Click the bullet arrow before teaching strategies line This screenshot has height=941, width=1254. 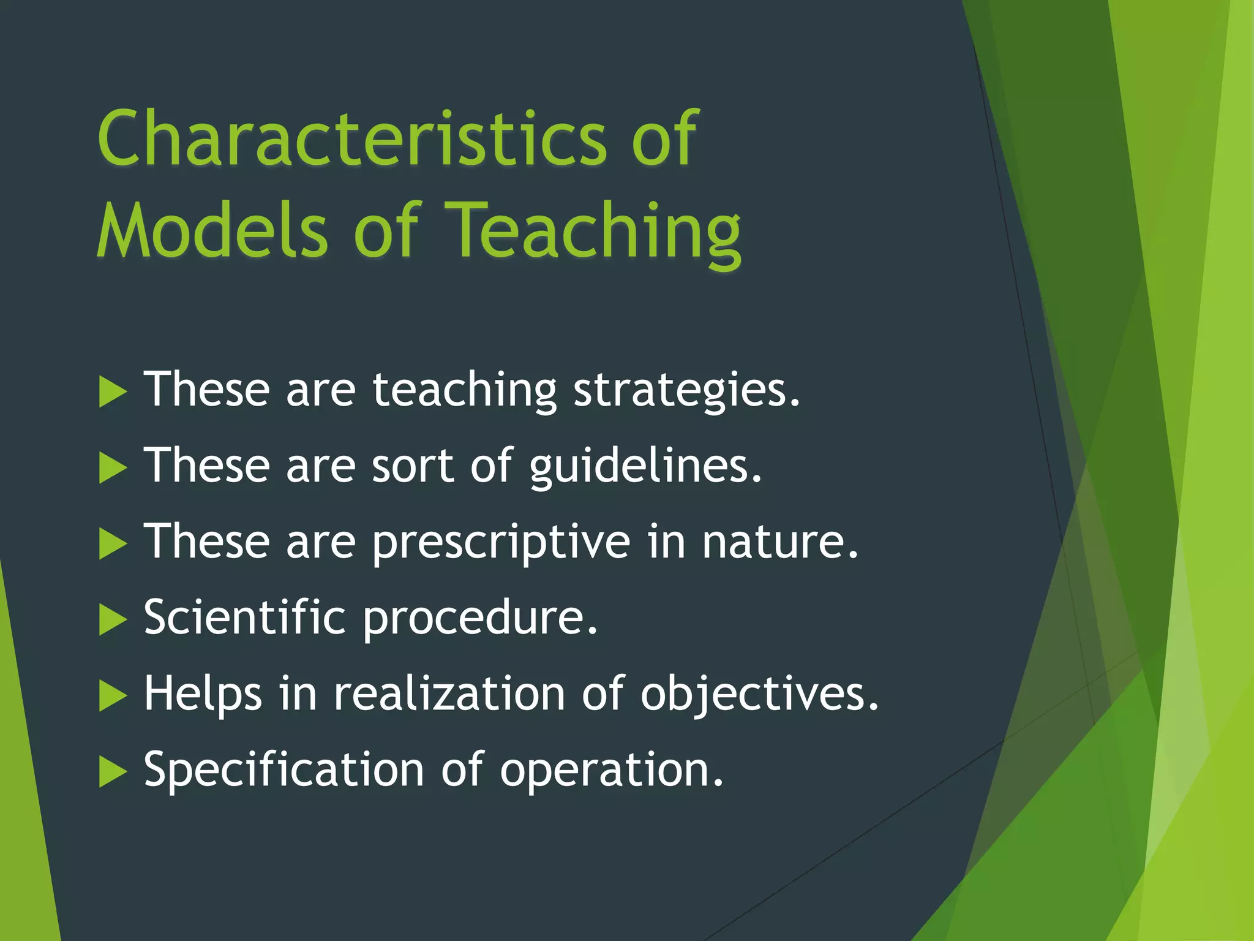(112, 392)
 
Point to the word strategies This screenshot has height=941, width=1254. (686, 391)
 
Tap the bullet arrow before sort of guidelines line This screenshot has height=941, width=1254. (112, 468)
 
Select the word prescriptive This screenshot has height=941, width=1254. (501, 543)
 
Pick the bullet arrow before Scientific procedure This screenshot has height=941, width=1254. (112, 620)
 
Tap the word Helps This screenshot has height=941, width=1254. (203, 695)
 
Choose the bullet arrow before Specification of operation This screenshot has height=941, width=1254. (112, 772)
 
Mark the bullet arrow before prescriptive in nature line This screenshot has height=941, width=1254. (112, 544)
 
